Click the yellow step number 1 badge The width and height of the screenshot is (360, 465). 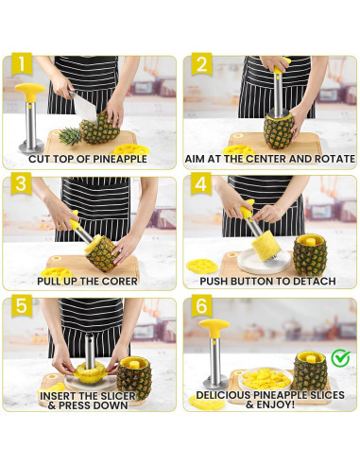click(22, 64)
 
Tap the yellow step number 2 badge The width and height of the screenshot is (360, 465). click(201, 64)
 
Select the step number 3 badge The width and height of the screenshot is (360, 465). click(21, 183)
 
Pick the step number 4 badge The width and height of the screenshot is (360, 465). click(201, 183)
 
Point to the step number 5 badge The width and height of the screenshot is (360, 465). click(22, 305)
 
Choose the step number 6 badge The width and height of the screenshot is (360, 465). click(201, 305)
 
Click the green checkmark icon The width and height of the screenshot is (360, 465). click(341, 358)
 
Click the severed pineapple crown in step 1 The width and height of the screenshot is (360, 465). click(70, 136)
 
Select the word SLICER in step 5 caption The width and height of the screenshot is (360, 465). click(118, 396)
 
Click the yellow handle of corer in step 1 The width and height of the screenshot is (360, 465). click(30, 91)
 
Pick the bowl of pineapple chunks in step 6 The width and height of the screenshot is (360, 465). click(266, 379)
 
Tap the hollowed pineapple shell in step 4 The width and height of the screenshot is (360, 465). click(310, 254)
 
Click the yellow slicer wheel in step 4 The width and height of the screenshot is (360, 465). click(202, 267)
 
